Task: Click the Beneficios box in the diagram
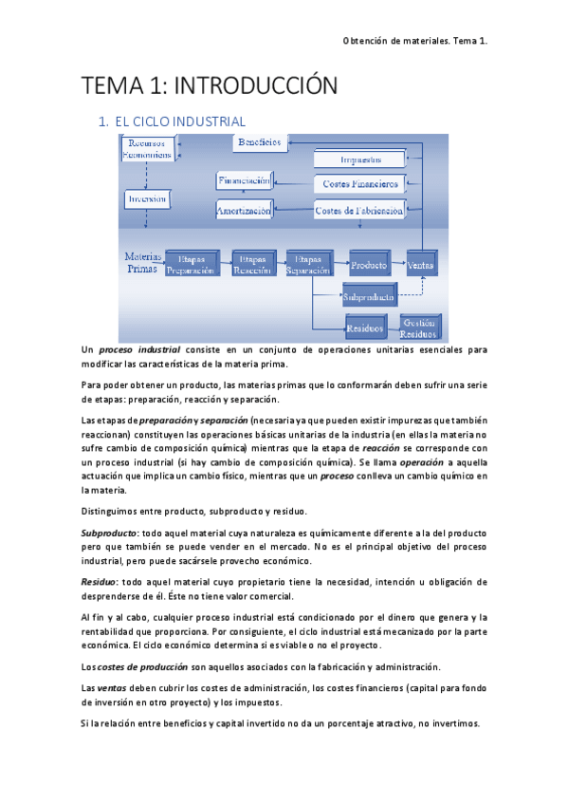[259, 142]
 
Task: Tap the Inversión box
[147, 198]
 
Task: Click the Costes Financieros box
[360, 182]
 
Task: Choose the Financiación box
[245, 180]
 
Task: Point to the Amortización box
[244, 209]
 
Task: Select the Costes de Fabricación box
[360, 209]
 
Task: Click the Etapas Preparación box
[192, 264]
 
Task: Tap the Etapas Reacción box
[252, 264]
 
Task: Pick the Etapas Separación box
[307, 264]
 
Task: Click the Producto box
[369, 265]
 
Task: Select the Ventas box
[421, 265]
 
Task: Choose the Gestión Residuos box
[418, 328]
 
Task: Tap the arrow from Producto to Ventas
[398, 265]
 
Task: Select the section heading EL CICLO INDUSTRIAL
[179, 122]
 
